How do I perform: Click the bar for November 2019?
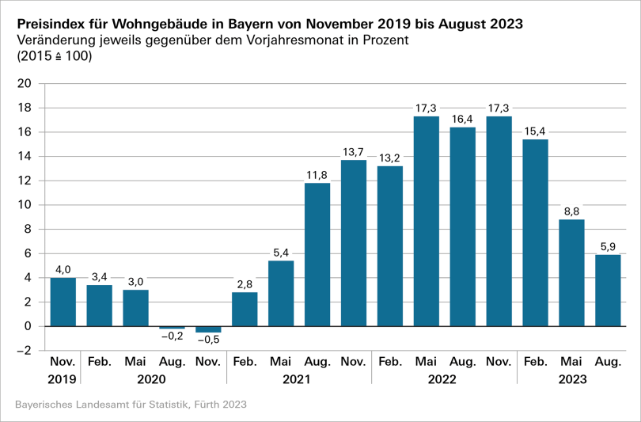[63, 302]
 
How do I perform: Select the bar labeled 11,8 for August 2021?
[317, 254]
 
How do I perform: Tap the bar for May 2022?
[427, 221]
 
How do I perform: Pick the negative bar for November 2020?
[208, 329]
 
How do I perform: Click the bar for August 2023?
[609, 290]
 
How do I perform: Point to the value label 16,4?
[463, 118]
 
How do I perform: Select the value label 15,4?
[536, 130]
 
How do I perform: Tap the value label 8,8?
[572, 211]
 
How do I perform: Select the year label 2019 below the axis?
[63, 379]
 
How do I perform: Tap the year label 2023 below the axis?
[572, 379]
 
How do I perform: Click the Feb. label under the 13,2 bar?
[390, 362]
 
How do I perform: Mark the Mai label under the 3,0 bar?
[135, 362]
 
